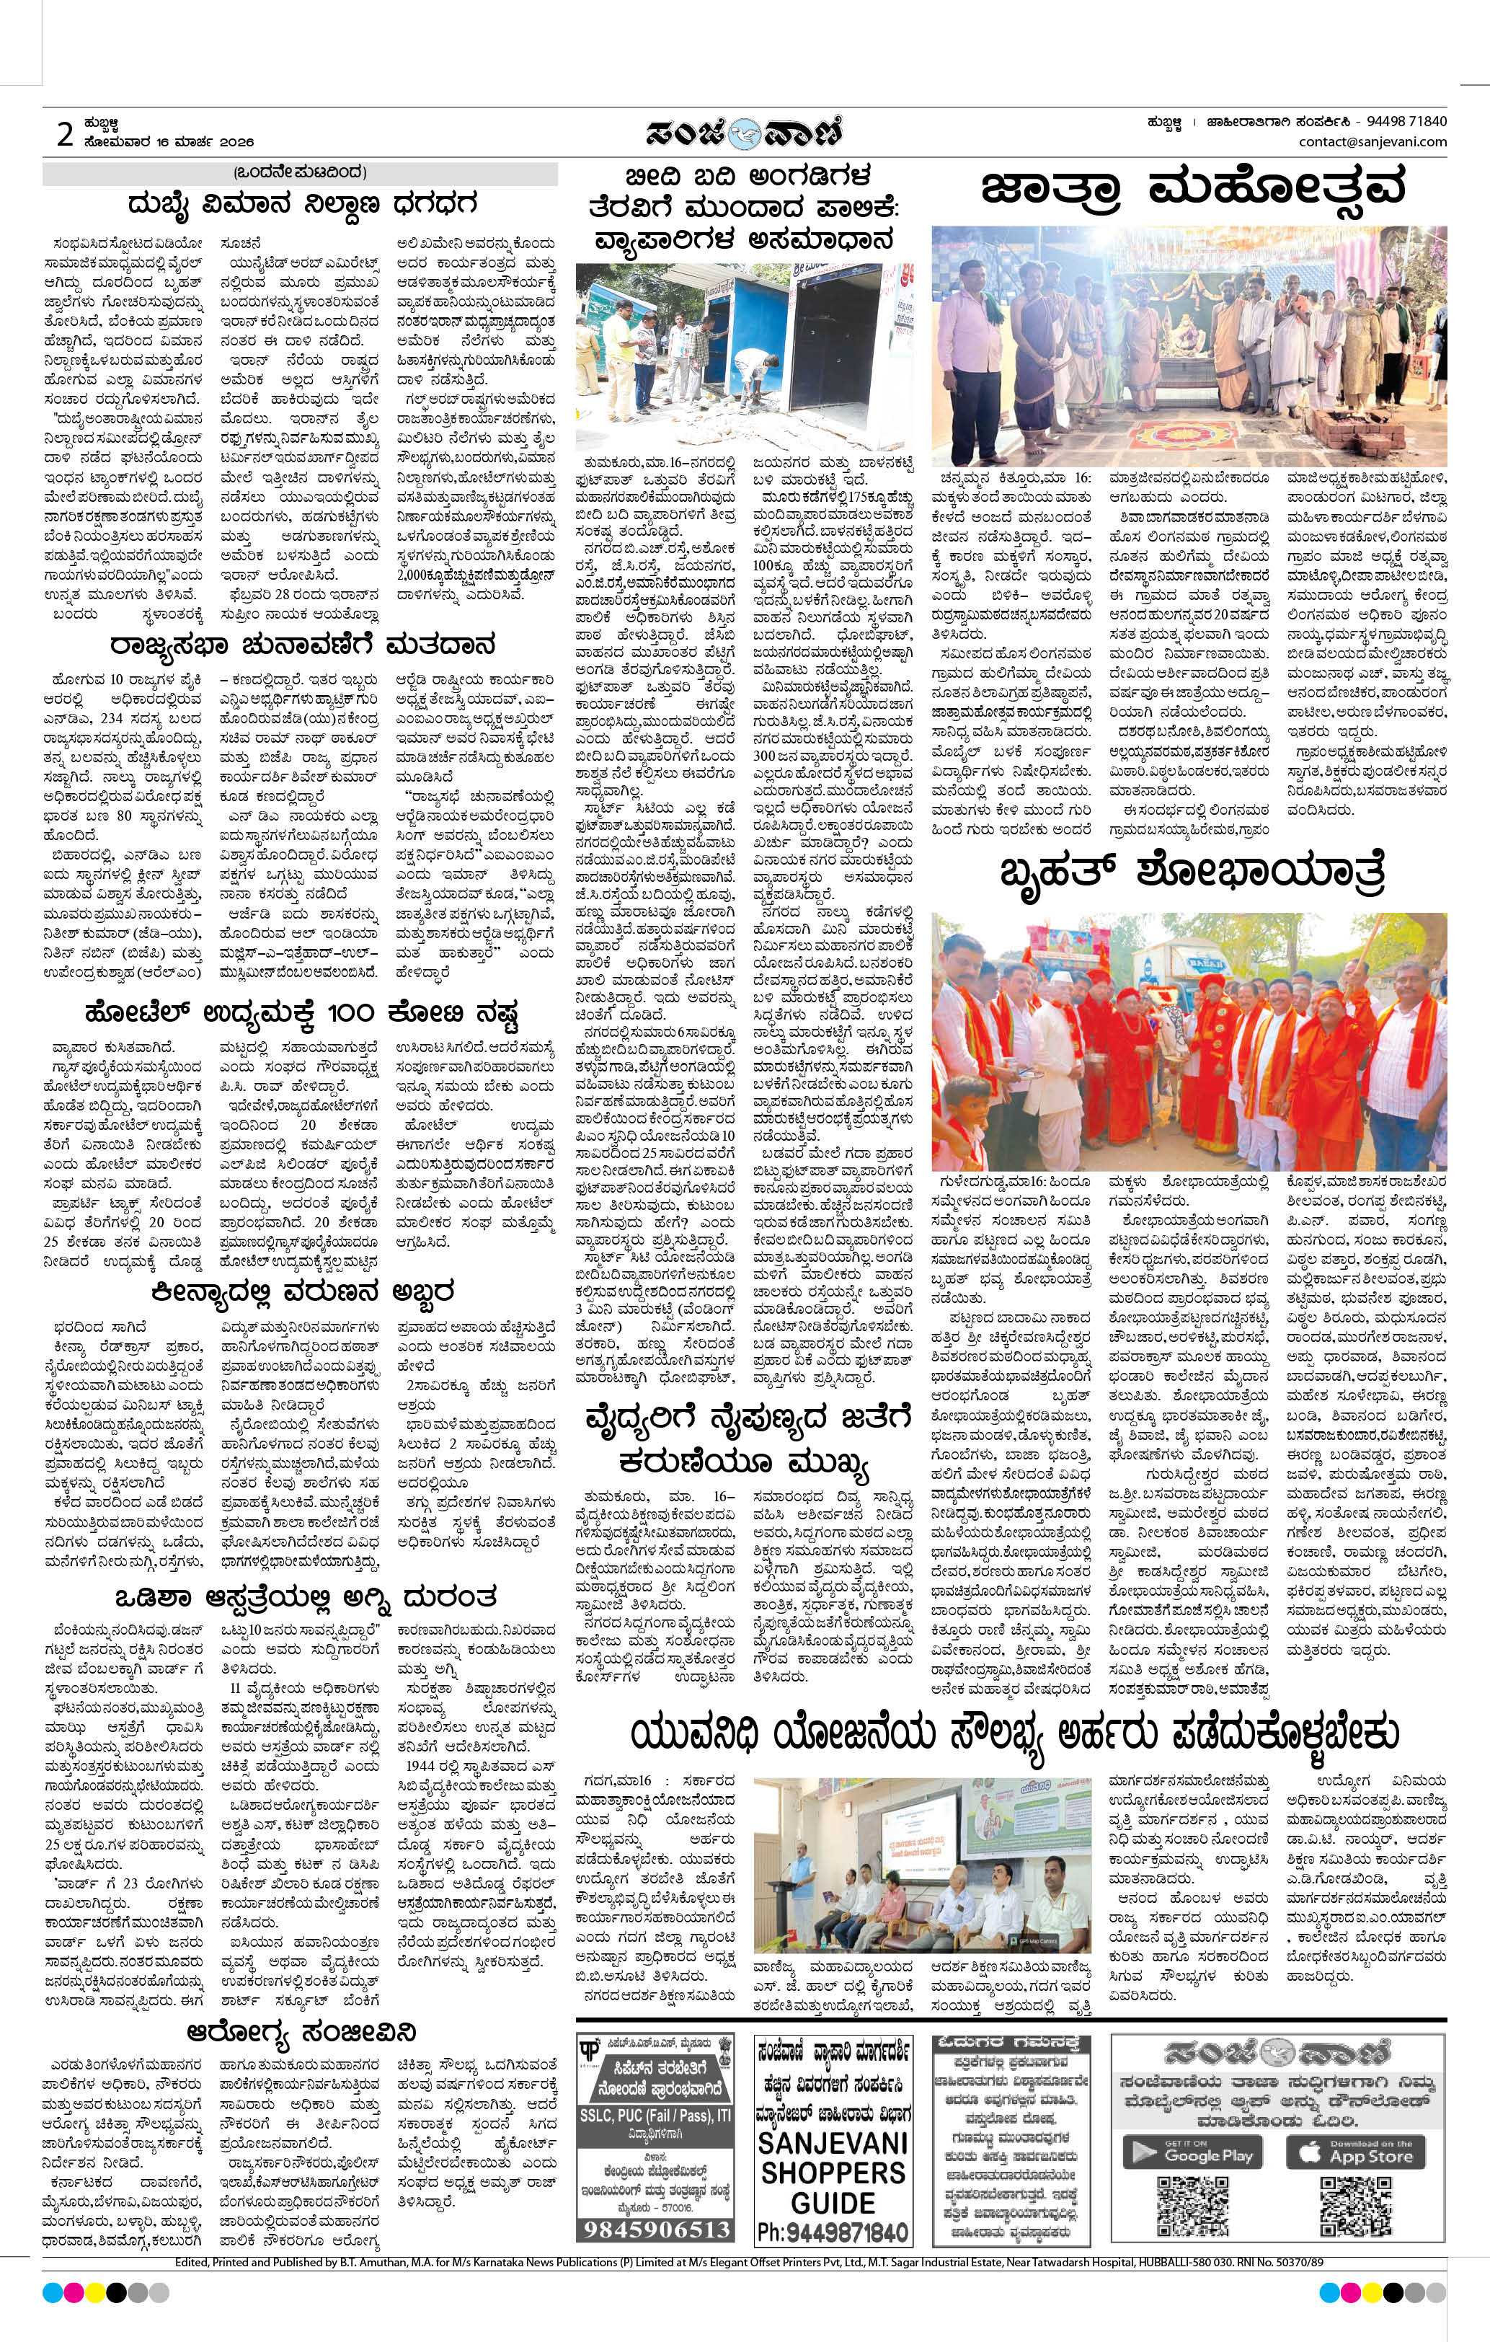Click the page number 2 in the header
point(64,134)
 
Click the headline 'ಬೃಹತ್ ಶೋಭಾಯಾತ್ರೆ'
point(1192,872)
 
